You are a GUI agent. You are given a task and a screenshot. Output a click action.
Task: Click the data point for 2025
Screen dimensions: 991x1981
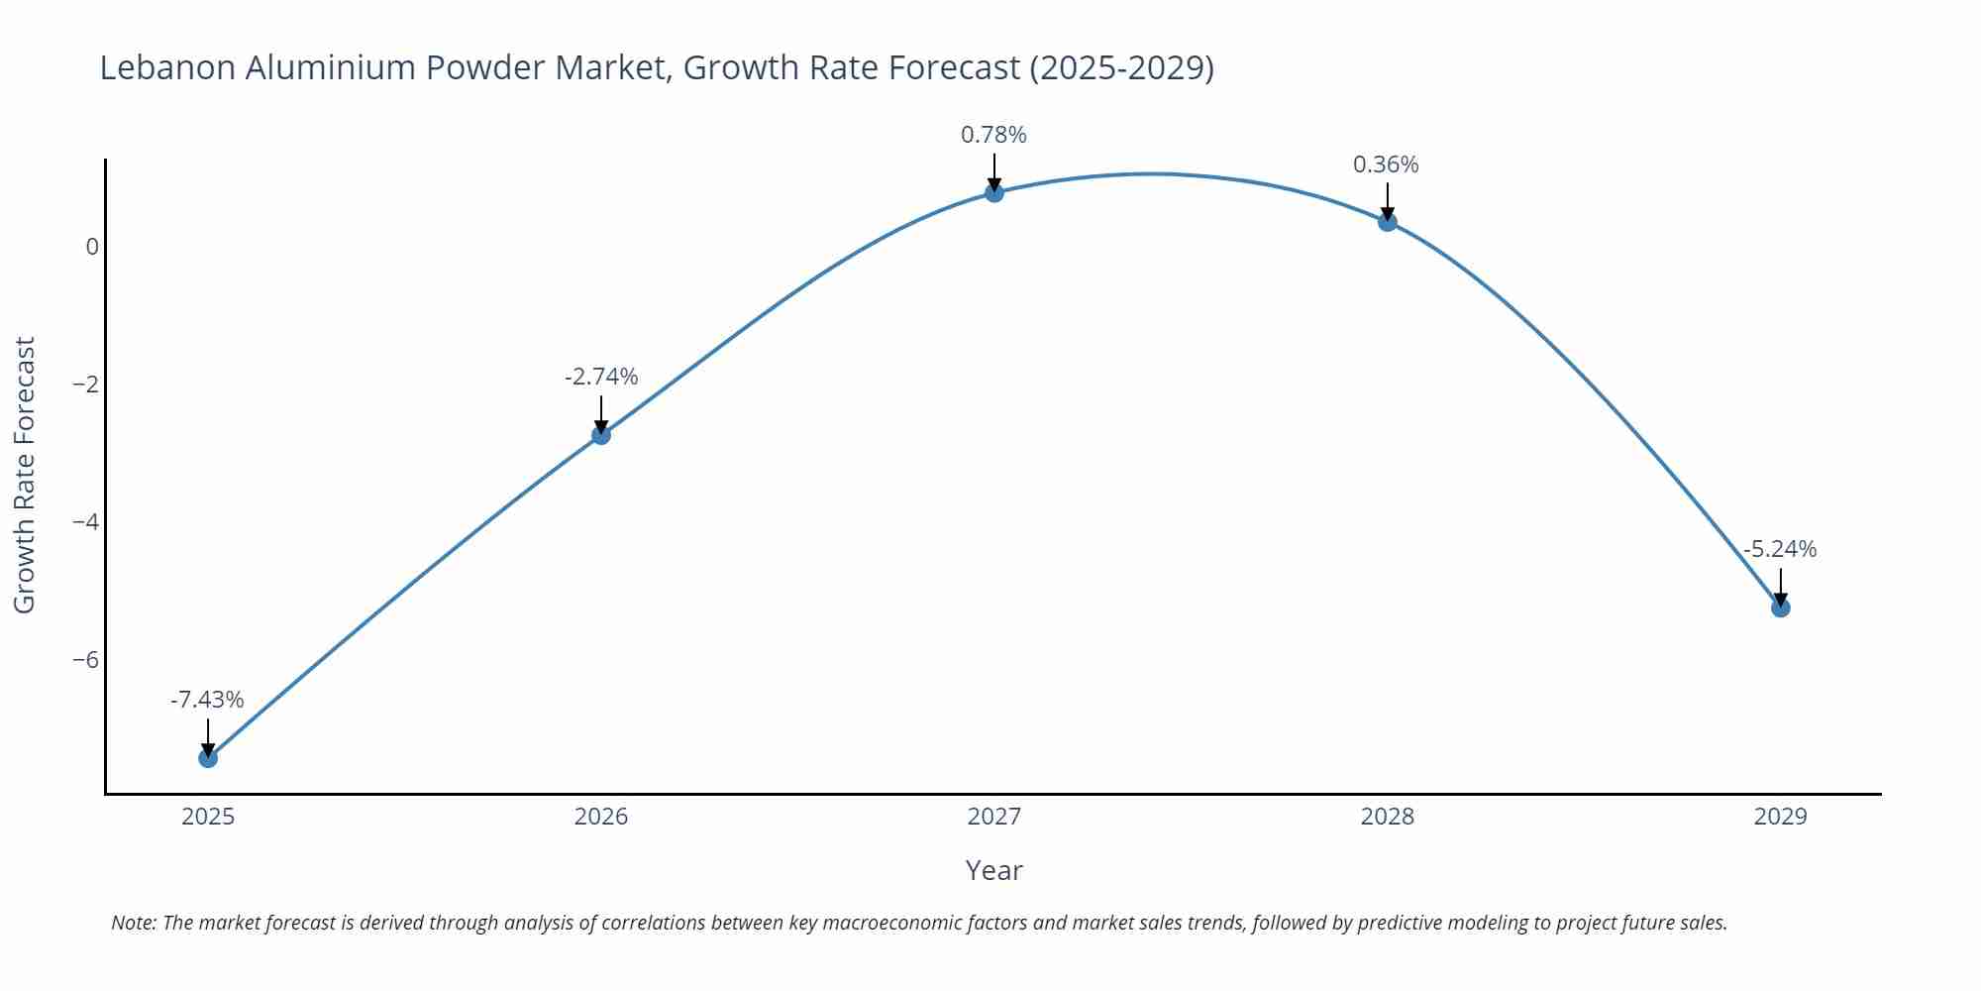(208, 758)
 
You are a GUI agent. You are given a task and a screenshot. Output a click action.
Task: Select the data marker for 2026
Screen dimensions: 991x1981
(601, 435)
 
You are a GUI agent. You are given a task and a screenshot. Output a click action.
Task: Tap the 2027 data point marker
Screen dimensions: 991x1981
(994, 193)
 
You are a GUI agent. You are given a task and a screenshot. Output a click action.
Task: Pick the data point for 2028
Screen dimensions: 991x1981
(1388, 222)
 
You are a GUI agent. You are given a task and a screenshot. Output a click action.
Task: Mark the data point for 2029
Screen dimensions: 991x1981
(1780, 607)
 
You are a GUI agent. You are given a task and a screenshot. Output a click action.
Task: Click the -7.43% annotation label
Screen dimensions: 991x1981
(207, 701)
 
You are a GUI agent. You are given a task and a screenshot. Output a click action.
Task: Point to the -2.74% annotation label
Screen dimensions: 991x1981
(601, 378)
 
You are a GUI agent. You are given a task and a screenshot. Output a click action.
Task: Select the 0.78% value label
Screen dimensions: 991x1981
(993, 136)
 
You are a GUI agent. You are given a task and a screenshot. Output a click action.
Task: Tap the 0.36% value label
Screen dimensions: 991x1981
(1386, 165)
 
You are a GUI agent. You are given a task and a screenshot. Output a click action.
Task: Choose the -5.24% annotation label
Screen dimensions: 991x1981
(1780, 550)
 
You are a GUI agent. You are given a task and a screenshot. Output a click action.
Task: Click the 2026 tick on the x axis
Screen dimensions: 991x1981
(601, 818)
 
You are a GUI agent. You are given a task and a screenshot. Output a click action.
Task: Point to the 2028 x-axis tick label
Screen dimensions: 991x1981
(1388, 818)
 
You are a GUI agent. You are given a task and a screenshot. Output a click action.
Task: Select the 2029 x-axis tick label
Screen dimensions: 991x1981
(1780, 818)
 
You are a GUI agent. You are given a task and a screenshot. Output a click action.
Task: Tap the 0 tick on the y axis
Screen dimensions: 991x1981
(92, 247)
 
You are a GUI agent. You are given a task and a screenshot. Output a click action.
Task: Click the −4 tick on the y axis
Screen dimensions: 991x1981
(86, 522)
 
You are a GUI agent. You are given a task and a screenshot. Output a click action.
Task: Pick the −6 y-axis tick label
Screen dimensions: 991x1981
(86, 660)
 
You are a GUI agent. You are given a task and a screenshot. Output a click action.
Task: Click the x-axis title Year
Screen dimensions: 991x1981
(993, 871)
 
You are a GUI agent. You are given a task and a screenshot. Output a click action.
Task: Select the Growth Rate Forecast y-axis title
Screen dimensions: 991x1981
(25, 475)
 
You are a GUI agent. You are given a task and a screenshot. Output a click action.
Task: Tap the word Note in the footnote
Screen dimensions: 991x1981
(133, 923)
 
